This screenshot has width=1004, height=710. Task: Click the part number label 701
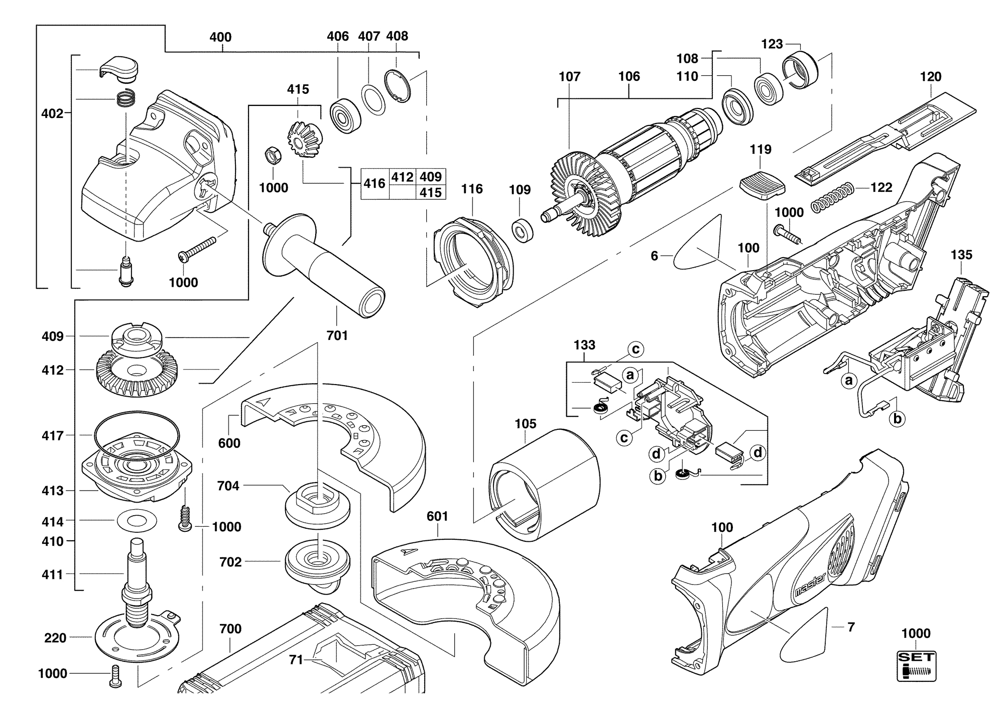[x=337, y=335]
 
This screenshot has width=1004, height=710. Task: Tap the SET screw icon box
[x=916, y=666]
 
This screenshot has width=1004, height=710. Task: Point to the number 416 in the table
[x=374, y=184]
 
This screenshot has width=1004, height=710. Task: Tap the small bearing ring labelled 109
[x=522, y=230]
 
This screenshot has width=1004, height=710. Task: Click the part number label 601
[x=437, y=516]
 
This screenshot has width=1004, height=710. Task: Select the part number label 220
[x=55, y=638]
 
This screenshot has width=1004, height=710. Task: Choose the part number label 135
[x=961, y=255]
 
